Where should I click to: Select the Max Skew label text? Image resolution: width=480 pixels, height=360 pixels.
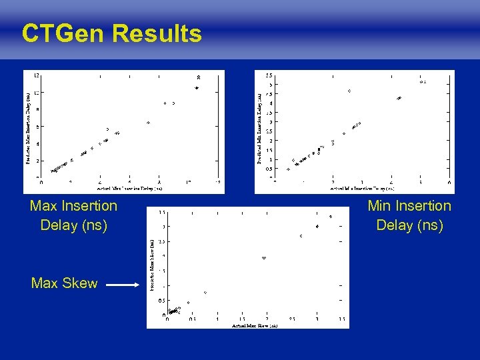pos(64,283)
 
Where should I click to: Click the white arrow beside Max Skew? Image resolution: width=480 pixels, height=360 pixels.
pos(123,285)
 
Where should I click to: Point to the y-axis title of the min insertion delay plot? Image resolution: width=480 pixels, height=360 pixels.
pos(259,128)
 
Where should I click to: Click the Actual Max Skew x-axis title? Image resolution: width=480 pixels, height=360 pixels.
pos(254,325)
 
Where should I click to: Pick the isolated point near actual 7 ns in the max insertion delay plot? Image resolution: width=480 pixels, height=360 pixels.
pos(149,123)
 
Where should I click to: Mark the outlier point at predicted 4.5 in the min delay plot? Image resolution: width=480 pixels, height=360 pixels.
pos(349,91)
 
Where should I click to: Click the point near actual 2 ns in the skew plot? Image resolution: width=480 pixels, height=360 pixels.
pos(264,258)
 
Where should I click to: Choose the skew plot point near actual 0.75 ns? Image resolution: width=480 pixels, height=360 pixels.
pos(205,293)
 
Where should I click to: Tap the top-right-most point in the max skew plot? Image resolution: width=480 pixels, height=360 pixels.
pos(331,217)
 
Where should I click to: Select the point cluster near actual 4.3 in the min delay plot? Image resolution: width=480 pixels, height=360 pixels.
pos(399,99)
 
